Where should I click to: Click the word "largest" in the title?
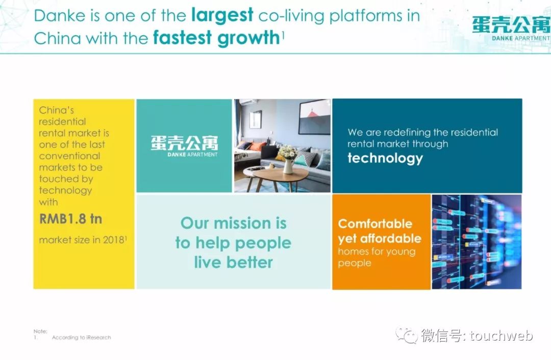pos(222,16)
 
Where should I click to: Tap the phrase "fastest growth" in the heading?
pos(216,38)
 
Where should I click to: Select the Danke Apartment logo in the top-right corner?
pos(511,28)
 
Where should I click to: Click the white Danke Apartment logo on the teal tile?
pos(185,146)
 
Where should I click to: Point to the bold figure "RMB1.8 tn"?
pos(70,219)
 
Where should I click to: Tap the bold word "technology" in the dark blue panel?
pos(385,159)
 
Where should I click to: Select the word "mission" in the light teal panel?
pos(242,223)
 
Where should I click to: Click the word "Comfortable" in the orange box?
pos(375,224)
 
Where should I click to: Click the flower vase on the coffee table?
pos(288,159)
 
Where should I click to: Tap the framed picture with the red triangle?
pos(314,117)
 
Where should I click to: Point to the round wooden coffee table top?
pos(278,173)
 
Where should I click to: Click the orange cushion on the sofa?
pos(258,146)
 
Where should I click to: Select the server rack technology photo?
pos(477,242)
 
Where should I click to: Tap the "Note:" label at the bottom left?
pos(40,331)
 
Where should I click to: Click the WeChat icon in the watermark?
pos(407,335)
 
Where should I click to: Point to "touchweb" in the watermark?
pos(502,335)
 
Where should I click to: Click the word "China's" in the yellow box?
pos(56,110)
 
